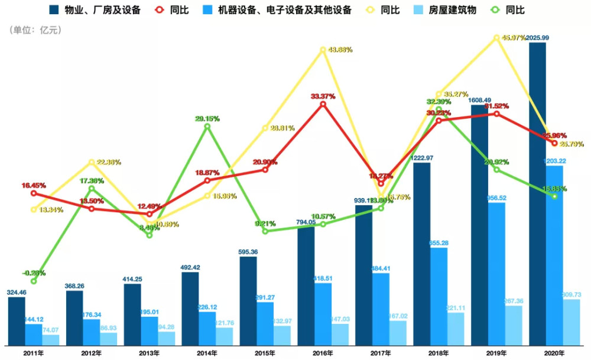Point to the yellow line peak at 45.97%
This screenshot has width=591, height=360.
click(x=497, y=37)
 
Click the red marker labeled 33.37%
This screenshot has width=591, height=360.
click(x=323, y=104)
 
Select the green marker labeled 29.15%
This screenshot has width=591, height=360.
click(x=207, y=126)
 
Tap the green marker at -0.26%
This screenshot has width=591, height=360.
click(x=34, y=281)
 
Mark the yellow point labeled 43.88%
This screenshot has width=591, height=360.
click(x=323, y=50)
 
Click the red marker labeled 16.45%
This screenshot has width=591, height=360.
click(x=34, y=193)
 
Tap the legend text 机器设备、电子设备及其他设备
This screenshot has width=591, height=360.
click(x=284, y=10)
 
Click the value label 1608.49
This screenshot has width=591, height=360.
click(x=488, y=100)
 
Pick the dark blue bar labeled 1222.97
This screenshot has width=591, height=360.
click(x=422, y=254)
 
